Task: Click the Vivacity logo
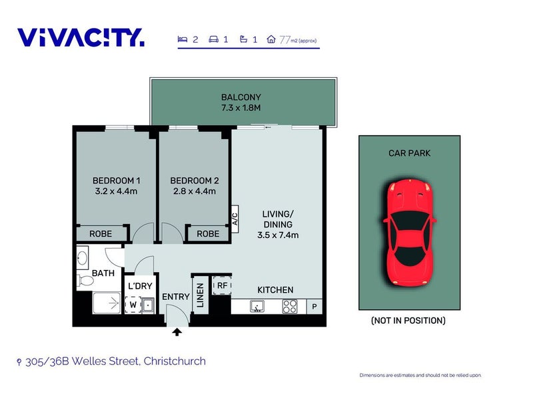(x=81, y=37)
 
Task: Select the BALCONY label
(x=241, y=97)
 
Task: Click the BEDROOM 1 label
(x=115, y=180)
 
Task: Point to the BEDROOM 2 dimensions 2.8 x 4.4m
(x=194, y=192)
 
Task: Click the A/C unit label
(x=235, y=219)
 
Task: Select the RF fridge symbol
(x=221, y=286)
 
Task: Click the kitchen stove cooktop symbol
(x=290, y=307)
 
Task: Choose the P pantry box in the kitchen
(x=314, y=307)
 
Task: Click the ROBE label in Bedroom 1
(x=101, y=233)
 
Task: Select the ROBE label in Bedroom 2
(x=208, y=233)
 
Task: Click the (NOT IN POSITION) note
(x=408, y=321)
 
